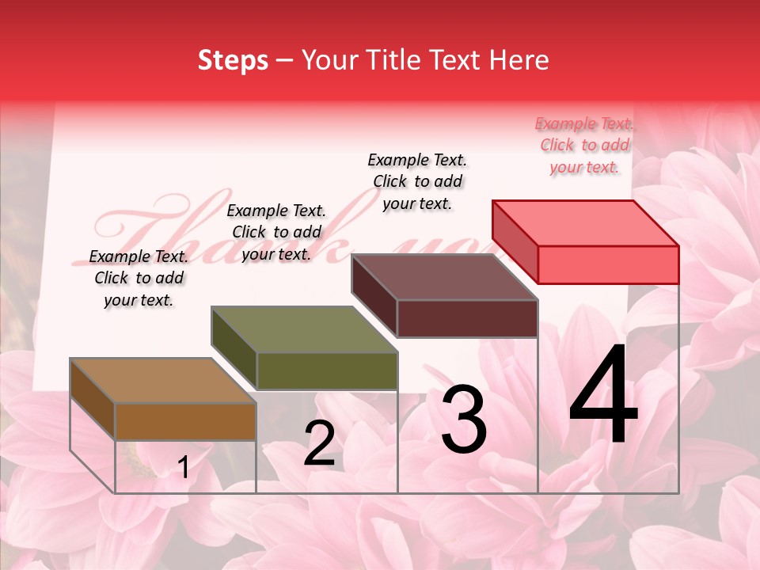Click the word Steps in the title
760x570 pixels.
(x=233, y=60)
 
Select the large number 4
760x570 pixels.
(x=604, y=396)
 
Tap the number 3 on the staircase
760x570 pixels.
(x=463, y=420)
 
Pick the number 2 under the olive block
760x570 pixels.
(x=319, y=443)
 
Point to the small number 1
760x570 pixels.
(x=183, y=468)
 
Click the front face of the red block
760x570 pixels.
(x=608, y=264)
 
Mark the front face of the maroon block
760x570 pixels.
(x=467, y=318)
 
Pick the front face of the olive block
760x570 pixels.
(x=326, y=370)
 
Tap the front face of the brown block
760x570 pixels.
(x=185, y=422)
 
